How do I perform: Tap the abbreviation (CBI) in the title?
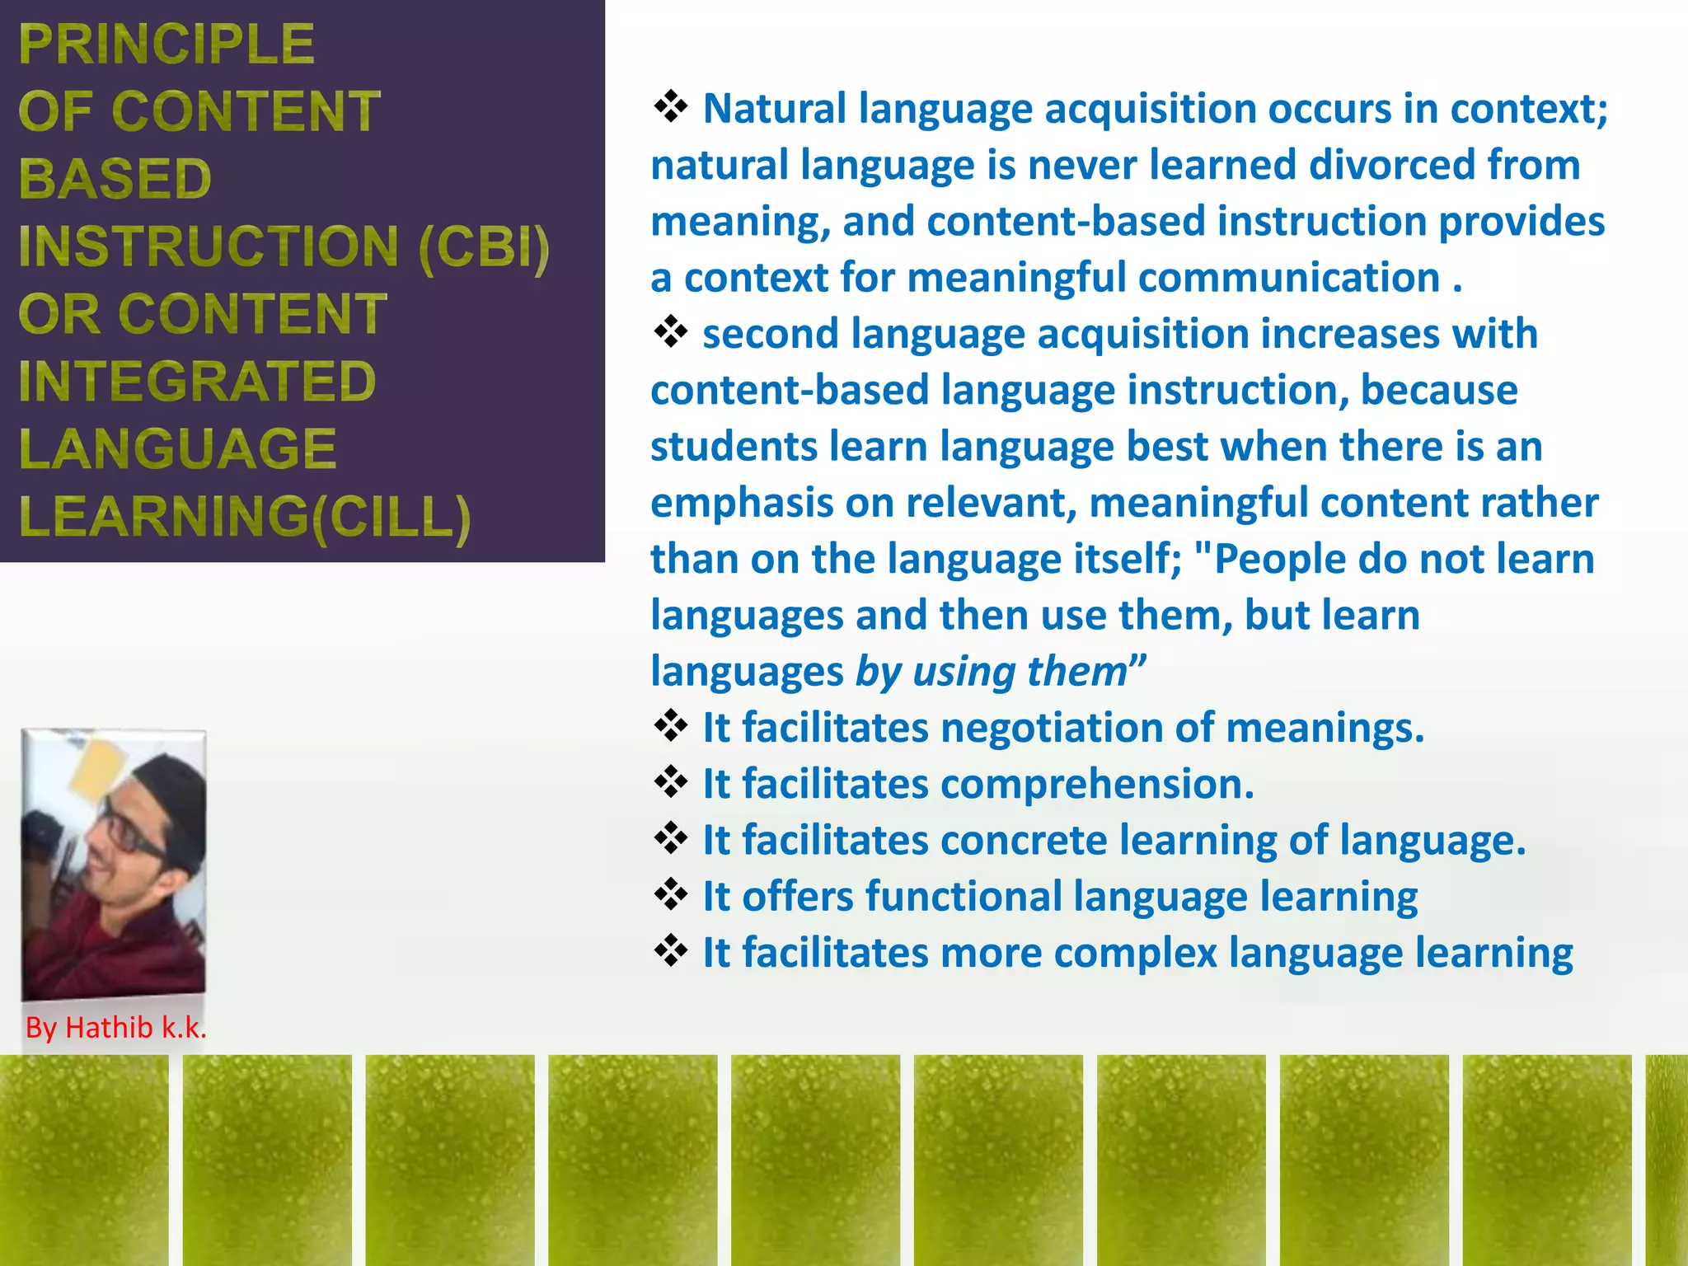pyautogui.click(x=484, y=246)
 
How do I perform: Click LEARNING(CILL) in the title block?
pyautogui.click(x=244, y=518)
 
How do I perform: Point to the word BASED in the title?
pyautogui.click(x=115, y=179)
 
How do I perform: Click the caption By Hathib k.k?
pyautogui.click(x=115, y=1028)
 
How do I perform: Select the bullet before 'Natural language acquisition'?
pyautogui.click(x=671, y=107)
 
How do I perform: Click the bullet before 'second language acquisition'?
pyautogui.click(x=671, y=332)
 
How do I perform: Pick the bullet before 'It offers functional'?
pyautogui.click(x=671, y=894)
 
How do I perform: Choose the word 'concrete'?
pyautogui.click(x=1024, y=841)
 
